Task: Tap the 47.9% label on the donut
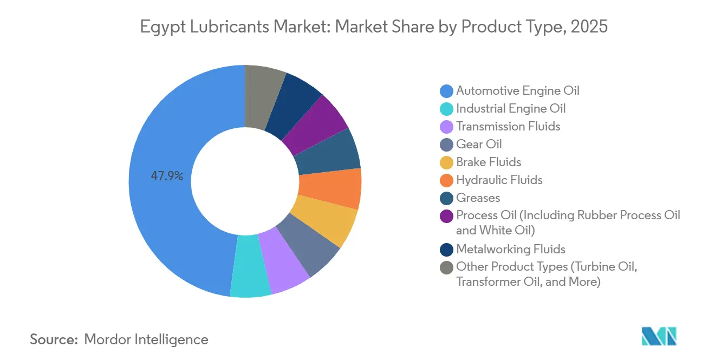point(167,176)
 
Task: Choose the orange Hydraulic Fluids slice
point(331,188)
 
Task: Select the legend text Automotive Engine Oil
point(517,90)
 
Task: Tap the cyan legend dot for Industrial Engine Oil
point(446,109)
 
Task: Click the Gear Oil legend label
point(479,144)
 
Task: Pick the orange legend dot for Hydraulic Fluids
point(446,180)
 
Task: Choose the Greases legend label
point(478,198)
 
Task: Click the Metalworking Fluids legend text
point(510,249)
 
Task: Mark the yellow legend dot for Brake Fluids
point(446,162)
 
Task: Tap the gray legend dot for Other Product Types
point(446,267)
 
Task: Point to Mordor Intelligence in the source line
point(146,339)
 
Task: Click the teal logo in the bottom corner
point(659,336)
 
